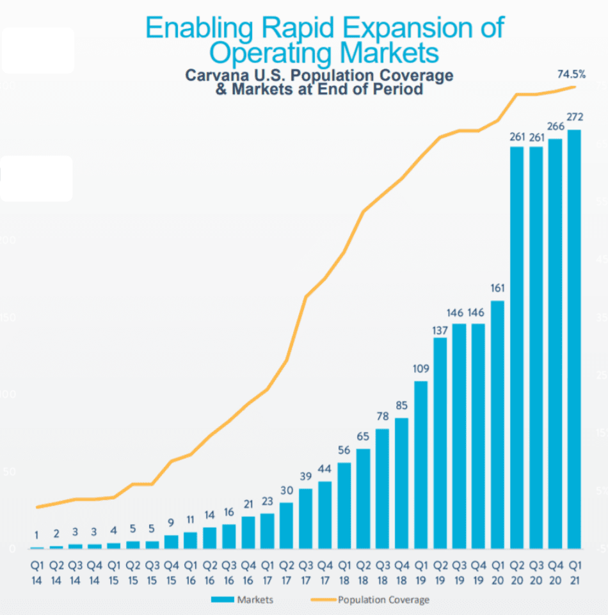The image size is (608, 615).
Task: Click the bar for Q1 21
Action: point(574,339)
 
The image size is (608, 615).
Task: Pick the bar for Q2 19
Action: point(440,443)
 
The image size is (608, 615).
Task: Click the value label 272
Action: point(574,118)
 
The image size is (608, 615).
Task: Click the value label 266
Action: point(555,127)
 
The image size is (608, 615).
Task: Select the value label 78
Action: point(382,417)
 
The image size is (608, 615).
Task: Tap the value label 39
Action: point(305,477)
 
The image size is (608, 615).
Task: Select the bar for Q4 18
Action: point(401,483)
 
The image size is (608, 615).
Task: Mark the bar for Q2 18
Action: point(363,499)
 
